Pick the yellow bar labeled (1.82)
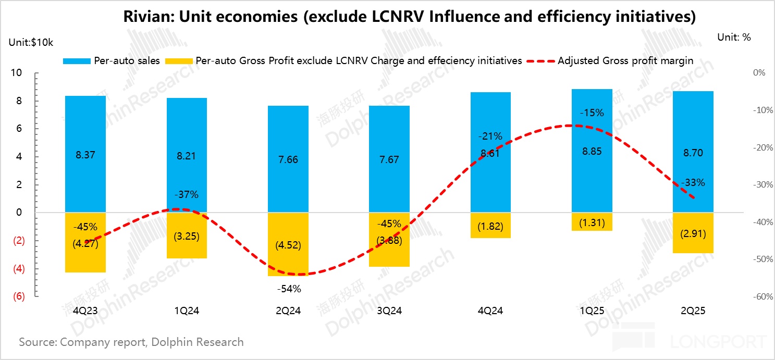click(491, 226)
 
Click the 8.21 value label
click(187, 156)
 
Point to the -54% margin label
click(288, 288)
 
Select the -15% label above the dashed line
click(592, 113)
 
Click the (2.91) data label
click(693, 234)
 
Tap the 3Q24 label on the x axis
click(389, 311)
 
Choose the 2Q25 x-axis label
click(693, 311)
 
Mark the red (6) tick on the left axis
click(17, 296)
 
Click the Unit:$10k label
click(31, 43)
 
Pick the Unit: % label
click(734, 37)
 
